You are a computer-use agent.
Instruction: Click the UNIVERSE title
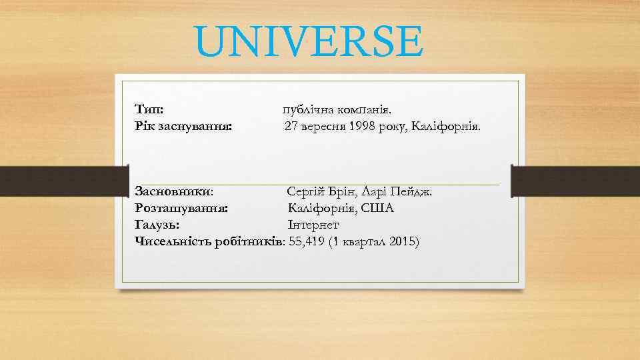pyautogui.click(x=309, y=41)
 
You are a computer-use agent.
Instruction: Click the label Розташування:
pyautogui.click(x=181, y=209)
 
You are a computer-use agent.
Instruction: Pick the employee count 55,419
pyautogui.click(x=307, y=241)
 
